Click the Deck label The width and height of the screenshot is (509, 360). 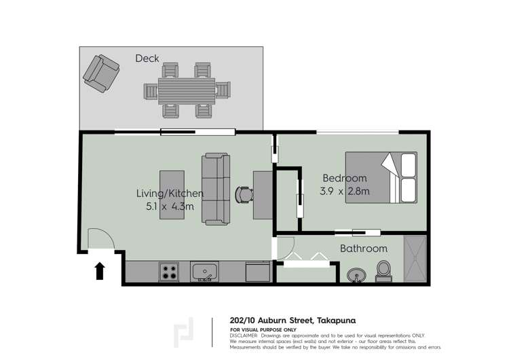tap(147, 58)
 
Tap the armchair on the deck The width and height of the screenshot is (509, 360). tap(99, 73)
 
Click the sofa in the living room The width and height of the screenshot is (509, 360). tap(216, 190)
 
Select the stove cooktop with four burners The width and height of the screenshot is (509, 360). tap(169, 272)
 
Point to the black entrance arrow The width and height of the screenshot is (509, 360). tap(100, 271)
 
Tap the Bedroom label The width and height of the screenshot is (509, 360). tap(344, 178)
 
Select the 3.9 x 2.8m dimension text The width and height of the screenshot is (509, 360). tap(345, 192)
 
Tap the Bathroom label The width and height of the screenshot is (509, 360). tap(364, 249)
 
